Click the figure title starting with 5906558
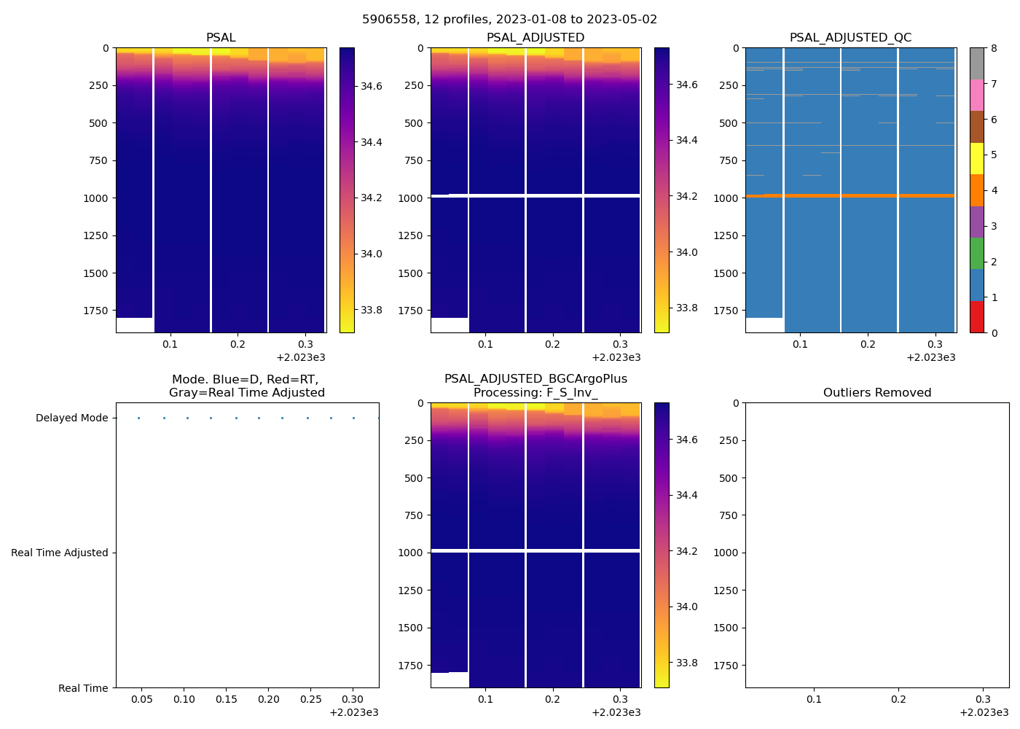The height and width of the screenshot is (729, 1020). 509,20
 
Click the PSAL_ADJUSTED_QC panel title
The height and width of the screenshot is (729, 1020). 850,38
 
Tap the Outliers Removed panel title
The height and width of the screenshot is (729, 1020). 876,393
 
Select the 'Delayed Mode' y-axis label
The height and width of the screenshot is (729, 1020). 71,418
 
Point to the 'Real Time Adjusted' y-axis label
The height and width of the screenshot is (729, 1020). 59,553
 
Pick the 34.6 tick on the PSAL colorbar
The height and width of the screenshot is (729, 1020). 372,86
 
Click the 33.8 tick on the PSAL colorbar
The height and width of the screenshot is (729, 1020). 372,311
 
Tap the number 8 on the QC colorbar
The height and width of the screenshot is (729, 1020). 994,48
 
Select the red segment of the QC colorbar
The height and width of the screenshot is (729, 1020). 977,317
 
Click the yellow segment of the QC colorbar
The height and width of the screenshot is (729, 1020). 977,159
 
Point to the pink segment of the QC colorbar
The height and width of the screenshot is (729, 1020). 977,95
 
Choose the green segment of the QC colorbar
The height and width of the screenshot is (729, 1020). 977,254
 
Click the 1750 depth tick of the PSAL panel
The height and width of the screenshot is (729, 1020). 95,311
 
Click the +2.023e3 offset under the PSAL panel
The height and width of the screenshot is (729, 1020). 301,358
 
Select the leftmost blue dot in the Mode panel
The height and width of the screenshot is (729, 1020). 138,418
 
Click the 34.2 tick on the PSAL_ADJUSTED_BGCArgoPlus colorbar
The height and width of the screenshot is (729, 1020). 686,551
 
